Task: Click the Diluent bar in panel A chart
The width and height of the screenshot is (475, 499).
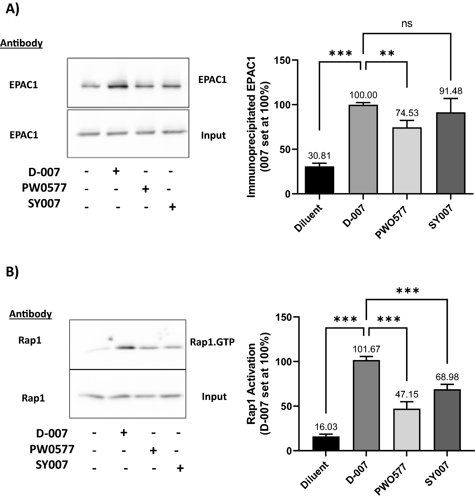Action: click(x=319, y=180)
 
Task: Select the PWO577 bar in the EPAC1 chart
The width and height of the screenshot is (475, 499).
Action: click(x=407, y=161)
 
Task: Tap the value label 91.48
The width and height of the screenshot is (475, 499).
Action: click(x=451, y=91)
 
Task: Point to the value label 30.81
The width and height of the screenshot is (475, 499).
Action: click(x=319, y=156)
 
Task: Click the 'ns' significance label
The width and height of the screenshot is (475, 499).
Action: click(x=407, y=24)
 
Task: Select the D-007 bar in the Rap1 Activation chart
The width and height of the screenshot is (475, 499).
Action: click(x=366, y=405)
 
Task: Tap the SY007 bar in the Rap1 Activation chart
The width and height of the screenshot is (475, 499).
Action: click(x=447, y=420)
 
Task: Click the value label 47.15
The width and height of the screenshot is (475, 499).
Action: click(x=407, y=394)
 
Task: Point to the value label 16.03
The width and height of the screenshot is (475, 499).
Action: click(x=326, y=427)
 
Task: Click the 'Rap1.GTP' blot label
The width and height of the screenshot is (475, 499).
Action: click(x=212, y=342)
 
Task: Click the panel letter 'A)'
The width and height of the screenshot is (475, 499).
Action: click(x=12, y=10)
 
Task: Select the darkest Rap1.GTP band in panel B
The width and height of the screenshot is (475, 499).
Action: click(x=126, y=347)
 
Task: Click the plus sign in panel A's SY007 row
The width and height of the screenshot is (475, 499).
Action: click(x=172, y=207)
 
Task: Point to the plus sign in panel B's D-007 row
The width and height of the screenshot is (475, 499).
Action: click(x=123, y=433)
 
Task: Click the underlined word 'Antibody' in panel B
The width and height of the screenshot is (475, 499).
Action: click(x=30, y=314)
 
